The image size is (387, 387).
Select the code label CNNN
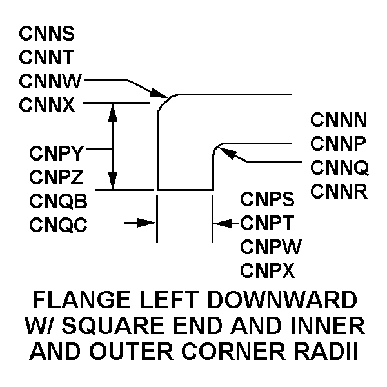[339, 120]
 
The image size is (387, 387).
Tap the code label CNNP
[339, 143]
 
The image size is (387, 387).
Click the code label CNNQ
[339, 168]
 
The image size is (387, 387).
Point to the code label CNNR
[339, 192]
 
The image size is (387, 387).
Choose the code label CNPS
[267, 199]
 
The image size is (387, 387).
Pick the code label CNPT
[267, 223]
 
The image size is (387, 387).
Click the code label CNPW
[268, 246]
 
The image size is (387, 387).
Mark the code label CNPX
[267, 270]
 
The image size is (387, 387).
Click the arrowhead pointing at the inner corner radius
[223, 150]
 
